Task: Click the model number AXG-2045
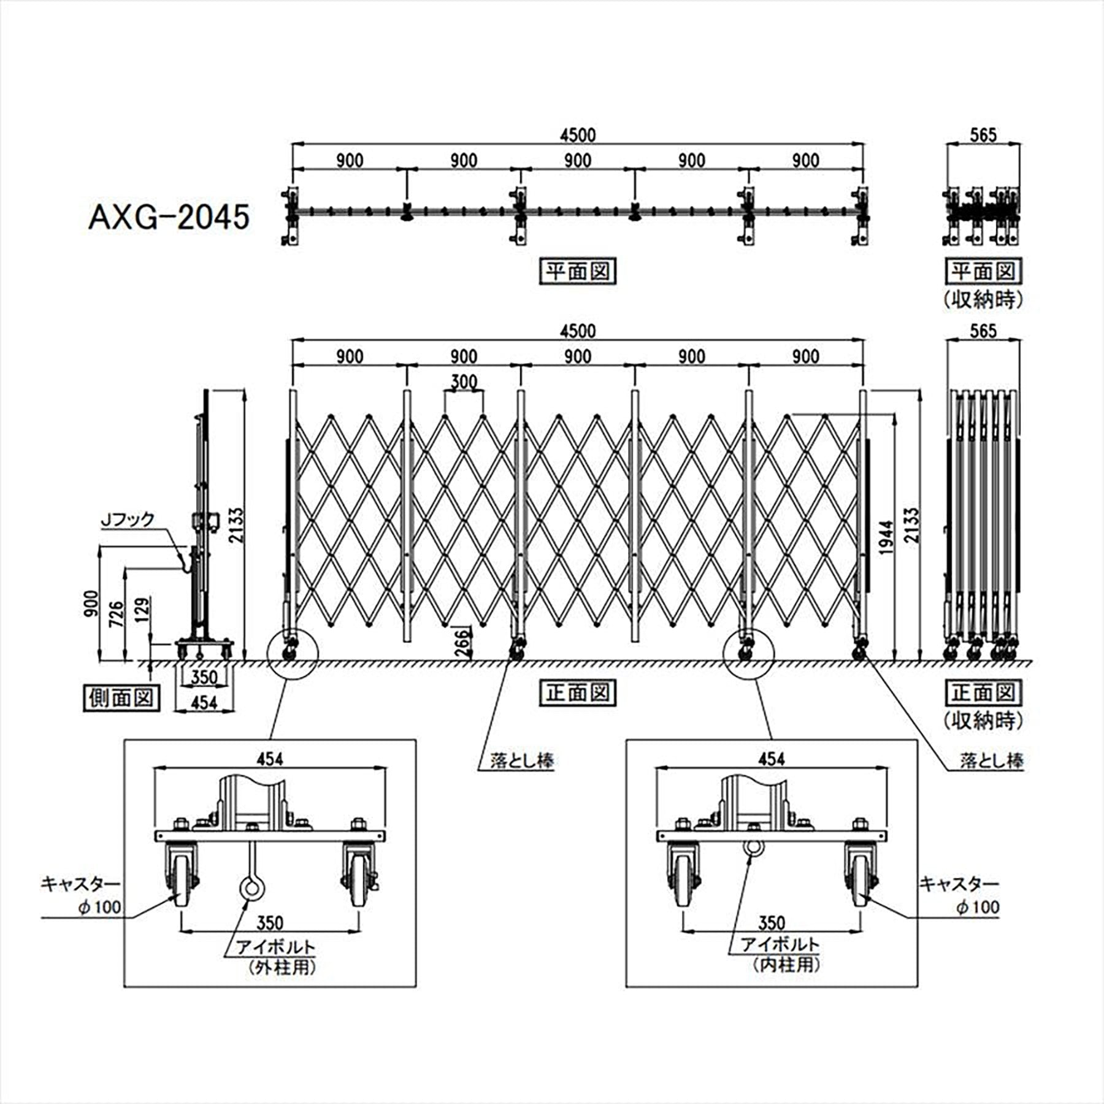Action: pos(169,217)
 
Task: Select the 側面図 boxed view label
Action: pos(121,698)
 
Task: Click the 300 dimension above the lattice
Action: pos(464,381)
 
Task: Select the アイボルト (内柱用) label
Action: pos(780,954)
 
